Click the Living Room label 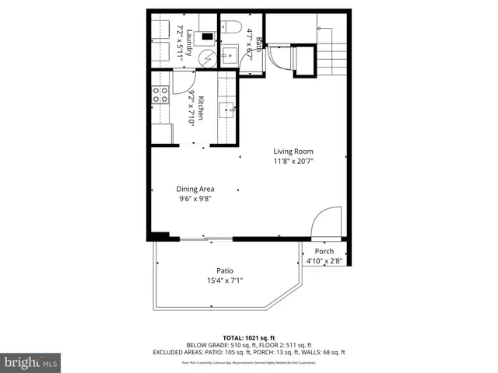293,152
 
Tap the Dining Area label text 195,189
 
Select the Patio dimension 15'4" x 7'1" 225,281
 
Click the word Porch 324,251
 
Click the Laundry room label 187,37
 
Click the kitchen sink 228,108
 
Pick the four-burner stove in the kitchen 160,95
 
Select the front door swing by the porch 326,221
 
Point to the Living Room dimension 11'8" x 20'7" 293,162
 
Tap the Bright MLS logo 31,362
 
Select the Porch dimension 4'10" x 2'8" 324,261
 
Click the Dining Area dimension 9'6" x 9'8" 195,199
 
